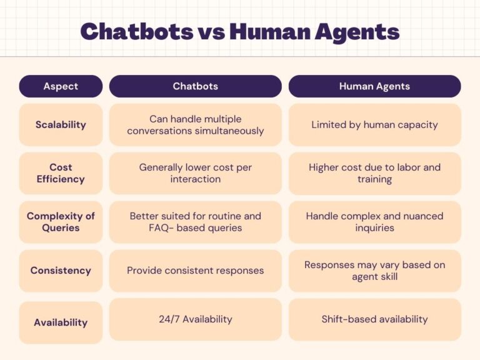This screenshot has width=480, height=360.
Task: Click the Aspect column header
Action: point(61,86)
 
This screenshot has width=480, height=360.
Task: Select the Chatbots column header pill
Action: point(195,86)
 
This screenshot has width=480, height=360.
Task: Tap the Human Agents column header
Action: point(375,86)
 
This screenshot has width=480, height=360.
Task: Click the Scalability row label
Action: point(61,124)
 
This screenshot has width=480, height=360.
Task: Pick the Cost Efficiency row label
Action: point(61,173)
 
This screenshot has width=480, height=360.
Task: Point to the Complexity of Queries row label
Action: point(61,222)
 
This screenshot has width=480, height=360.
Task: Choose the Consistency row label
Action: point(61,271)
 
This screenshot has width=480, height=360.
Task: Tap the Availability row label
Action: point(61,322)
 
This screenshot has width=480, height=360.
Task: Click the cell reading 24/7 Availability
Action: point(195,319)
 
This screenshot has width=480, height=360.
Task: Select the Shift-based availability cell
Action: point(375,319)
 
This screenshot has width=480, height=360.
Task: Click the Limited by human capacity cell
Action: point(375,124)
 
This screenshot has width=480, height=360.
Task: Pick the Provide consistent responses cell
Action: point(195,271)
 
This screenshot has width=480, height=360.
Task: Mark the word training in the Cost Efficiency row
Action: point(375,180)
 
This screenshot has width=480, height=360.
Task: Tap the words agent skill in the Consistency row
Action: point(375,277)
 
